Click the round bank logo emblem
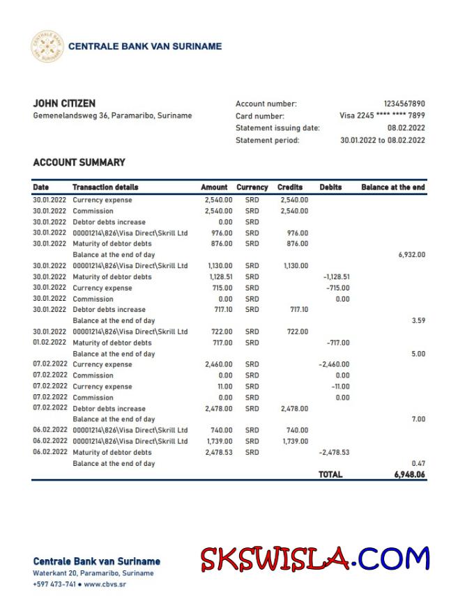47,47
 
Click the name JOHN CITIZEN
64,104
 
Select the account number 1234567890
404,104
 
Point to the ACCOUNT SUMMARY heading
79,162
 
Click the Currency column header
252,187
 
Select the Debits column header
330,187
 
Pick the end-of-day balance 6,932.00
411,255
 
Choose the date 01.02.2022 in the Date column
49,343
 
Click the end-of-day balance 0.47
418,463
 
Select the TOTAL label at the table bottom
330,474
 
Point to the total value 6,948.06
409,474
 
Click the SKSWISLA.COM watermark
315,559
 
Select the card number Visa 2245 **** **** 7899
382,116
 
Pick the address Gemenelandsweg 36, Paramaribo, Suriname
112,116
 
